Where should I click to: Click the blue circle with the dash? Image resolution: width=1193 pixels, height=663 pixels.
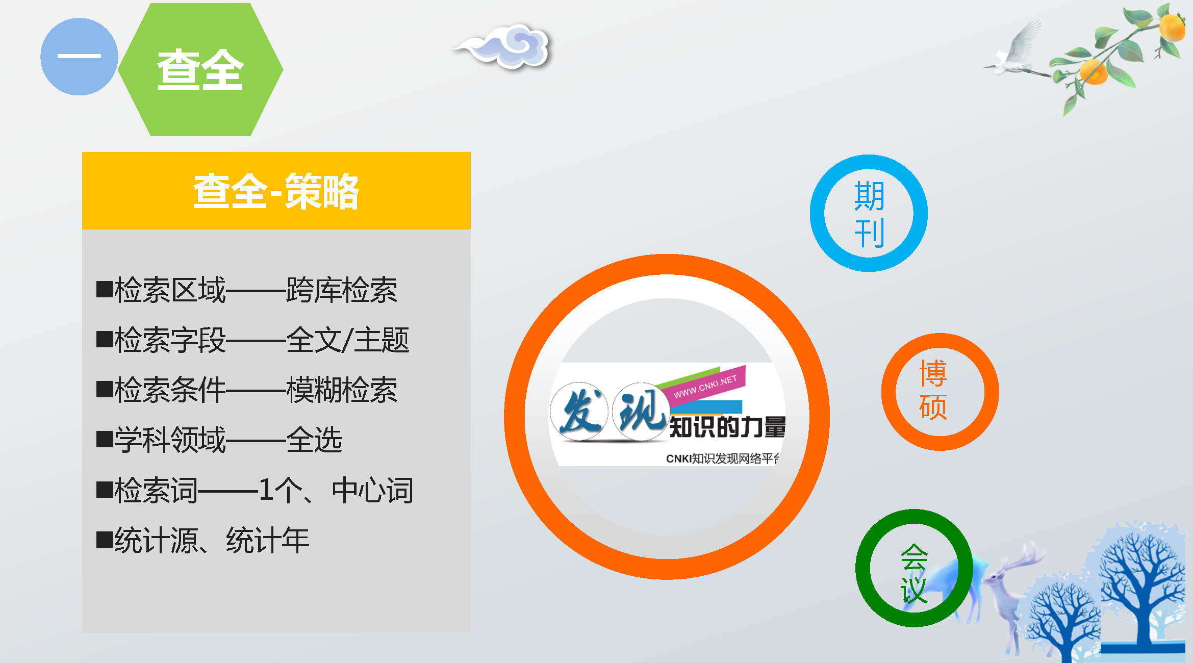79,57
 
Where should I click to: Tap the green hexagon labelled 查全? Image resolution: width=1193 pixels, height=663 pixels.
200,69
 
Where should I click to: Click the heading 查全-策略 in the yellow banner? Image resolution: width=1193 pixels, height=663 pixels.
276,191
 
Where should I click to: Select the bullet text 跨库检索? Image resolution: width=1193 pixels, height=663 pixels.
342,290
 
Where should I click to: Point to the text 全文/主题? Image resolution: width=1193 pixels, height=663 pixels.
348,340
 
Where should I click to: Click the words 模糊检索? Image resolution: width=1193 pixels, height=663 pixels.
342,390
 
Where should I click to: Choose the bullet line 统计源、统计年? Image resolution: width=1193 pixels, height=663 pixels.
212,540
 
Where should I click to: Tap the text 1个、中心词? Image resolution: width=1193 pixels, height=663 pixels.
336,490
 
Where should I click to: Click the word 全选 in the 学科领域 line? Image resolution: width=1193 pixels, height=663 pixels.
314,440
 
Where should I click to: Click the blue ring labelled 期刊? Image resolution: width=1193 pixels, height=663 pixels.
818,213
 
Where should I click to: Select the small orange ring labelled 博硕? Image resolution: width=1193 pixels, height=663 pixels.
889,392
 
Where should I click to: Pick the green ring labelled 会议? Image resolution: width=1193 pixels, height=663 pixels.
863,568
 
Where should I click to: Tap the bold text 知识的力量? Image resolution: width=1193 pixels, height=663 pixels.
727,427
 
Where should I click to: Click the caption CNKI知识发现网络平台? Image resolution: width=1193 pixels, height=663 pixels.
722,458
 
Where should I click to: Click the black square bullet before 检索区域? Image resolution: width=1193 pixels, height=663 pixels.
105,289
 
